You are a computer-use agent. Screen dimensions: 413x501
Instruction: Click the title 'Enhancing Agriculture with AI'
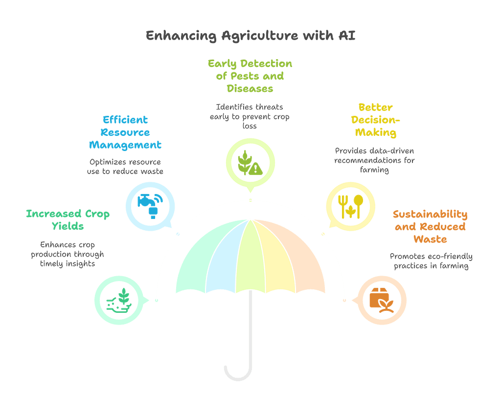(x=250, y=36)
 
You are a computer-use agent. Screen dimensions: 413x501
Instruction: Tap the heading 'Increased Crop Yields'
(x=68, y=219)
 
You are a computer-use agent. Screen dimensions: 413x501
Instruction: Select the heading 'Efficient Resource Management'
(x=125, y=132)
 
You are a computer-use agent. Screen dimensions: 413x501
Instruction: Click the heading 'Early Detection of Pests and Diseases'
(x=250, y=76)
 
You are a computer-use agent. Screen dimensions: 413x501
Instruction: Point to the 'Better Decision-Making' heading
(x=375, y=120)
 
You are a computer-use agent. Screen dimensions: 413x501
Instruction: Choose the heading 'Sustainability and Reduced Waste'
(x=430, y=226)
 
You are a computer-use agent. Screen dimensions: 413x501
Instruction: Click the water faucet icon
(x=149, y=206)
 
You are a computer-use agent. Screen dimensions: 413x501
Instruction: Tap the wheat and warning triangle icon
(x=250, y=163)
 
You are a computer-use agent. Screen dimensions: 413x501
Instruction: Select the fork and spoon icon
(x=351, y=206)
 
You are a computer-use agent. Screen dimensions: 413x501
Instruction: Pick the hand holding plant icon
(x=119, y=300)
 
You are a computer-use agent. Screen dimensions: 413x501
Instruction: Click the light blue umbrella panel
(x=223, y=259)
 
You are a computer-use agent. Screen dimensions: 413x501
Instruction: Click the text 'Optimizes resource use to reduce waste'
(x=125, y=167)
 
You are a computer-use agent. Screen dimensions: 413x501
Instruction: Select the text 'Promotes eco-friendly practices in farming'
(x=430, y=261)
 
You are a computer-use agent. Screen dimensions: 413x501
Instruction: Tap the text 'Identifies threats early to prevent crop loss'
(x=250, y=116)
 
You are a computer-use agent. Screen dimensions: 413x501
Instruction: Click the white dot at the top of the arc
(x=250, y=200)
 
